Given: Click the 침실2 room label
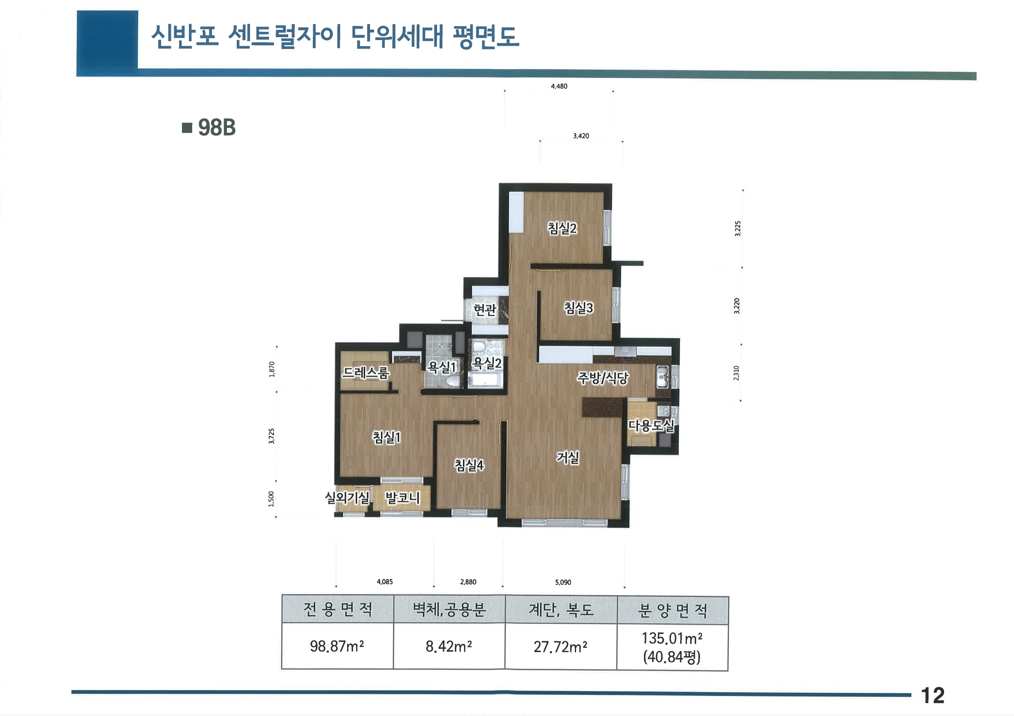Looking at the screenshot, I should [562, 228].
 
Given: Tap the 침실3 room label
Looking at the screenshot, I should [579, 308].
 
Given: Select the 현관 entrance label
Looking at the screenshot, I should [485, 310].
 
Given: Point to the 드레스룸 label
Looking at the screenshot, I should [365, 373].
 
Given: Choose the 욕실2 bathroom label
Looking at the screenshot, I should [487, 363].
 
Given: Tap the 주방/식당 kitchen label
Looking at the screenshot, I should [602, 378].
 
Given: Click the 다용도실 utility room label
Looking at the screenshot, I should [651, 425].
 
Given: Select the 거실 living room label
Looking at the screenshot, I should [568, 457].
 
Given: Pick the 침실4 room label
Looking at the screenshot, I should [469, 464].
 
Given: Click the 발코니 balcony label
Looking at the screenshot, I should [402, 497].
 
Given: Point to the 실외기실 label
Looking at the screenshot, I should [347, 497].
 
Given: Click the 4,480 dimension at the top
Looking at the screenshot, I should [559, 87].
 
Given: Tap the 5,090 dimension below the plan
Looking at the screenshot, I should [563, 582].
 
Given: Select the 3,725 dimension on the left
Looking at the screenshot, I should [271, 436].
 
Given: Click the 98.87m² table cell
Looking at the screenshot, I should [337, 646].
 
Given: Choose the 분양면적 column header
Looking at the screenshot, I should [672, 611].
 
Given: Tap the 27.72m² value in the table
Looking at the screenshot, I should [560, 647].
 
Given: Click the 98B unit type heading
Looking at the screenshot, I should [216, 127].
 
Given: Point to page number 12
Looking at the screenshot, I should [932, 696].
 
